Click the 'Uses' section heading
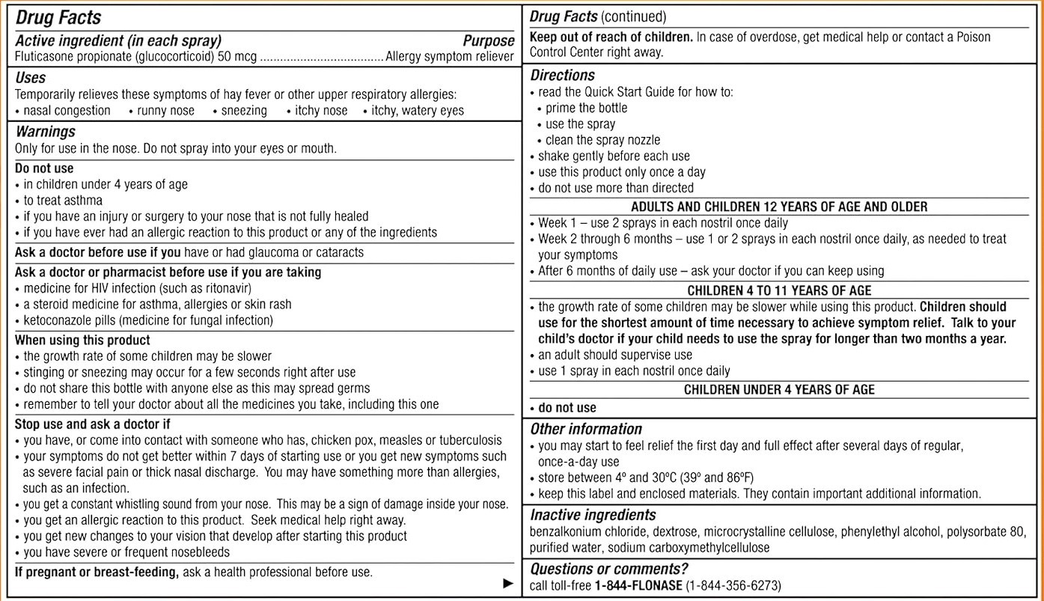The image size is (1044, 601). coord(31,78)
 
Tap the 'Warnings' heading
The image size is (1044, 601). coord(46,132)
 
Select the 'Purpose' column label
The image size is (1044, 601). coord(488,41)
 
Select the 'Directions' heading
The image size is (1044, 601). coord(563,75)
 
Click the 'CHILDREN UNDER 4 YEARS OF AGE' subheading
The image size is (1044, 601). coord(779,390)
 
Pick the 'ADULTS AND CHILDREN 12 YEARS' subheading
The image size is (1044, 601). coord(779,207)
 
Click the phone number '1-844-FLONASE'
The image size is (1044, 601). coord(638,585)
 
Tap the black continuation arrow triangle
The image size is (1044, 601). coord(509,583)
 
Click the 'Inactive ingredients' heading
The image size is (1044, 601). coord(593,515)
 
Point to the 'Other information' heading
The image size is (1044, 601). coord(586,429)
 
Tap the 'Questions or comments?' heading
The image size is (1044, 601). coord(608,569)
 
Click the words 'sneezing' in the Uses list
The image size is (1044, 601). coord(244,111)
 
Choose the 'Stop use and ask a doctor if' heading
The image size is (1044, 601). coord(93,424)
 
